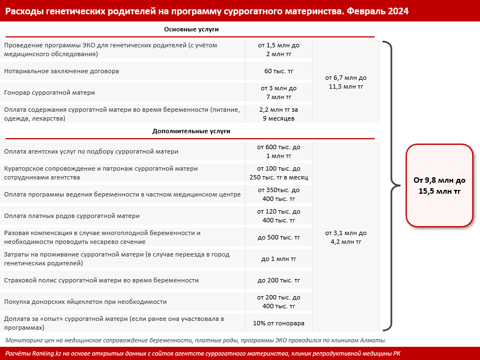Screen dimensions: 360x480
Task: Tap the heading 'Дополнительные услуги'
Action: point(191,132)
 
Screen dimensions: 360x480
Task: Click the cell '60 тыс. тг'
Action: point(279,71)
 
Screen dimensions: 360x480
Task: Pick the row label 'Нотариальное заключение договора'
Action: point(62,71)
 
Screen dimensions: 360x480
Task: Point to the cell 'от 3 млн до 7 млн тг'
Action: point(279,92)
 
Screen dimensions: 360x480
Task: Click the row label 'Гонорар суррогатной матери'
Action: point(50,92)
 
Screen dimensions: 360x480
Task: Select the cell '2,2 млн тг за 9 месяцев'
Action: point(279,114)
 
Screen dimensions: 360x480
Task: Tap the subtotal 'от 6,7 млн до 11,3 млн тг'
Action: point(346,82)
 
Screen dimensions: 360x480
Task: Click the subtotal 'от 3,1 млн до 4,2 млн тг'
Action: point(346,237)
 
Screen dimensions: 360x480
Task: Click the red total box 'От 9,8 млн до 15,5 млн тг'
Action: point(439,186)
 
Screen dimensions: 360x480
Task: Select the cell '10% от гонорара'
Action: point(279,323)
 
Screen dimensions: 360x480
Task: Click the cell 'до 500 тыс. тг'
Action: point(279,237)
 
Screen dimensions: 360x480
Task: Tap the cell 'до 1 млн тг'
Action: point(279,259)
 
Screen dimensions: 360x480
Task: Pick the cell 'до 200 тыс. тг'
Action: point(279,280)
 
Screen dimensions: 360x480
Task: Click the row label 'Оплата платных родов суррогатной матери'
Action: point(72,216)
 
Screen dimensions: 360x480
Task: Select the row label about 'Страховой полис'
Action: point(101,280)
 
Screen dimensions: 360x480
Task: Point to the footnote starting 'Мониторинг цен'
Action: point(195,340)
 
